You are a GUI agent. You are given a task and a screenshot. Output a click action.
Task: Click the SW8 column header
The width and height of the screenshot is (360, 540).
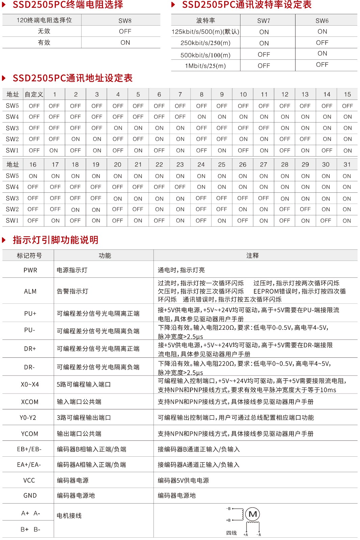(x=125, y=21)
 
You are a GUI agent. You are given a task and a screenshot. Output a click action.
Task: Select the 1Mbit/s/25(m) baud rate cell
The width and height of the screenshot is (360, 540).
(x=205, y=66)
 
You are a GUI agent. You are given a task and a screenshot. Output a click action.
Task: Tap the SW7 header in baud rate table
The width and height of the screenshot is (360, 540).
(x=264, y=21)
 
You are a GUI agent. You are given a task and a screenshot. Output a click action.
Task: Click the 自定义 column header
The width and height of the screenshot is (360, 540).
(x=34, y=94)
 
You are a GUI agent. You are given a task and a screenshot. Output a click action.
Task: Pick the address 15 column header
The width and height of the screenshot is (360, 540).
(x=347, y=94)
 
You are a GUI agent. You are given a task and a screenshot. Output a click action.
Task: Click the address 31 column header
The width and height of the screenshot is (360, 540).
(x=347, y=165)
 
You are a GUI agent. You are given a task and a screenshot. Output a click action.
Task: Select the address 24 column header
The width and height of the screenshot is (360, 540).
(x=201, y=165)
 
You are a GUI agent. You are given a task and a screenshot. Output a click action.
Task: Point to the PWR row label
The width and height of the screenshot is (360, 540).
(x=30, y=270)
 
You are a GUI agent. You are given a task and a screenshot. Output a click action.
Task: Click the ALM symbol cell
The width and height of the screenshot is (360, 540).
(x=30, y=291)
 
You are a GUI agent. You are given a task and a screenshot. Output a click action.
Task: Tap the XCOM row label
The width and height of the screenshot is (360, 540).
(x=30, y=402)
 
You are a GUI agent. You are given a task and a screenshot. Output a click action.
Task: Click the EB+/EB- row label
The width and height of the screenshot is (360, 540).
(x=29, y=449)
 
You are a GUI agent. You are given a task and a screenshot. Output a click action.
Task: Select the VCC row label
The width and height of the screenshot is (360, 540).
(x=29, y=480)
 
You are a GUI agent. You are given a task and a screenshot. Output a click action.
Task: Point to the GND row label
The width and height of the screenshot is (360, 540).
(x=30, y=495)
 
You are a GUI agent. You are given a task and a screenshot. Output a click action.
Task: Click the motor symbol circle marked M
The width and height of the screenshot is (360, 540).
(x=253, y=514)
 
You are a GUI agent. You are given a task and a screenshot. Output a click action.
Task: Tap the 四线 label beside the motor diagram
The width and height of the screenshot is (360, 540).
(x=231, y=533)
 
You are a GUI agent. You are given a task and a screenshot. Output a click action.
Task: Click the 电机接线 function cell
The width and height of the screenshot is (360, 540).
(x=69, y=516)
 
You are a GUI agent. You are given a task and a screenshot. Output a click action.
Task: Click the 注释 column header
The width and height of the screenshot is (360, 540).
(x=252, y=255)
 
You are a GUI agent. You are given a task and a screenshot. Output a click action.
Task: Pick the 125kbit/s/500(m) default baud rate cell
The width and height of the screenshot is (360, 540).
(x=205, y=32)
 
